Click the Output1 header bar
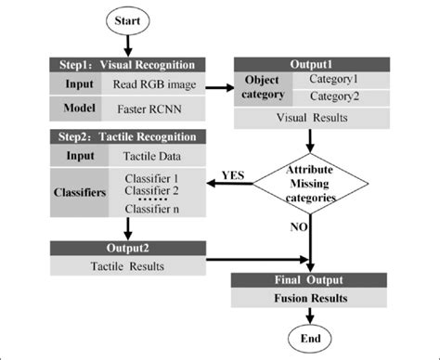click(313, 62)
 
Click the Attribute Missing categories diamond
click(313, 184)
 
